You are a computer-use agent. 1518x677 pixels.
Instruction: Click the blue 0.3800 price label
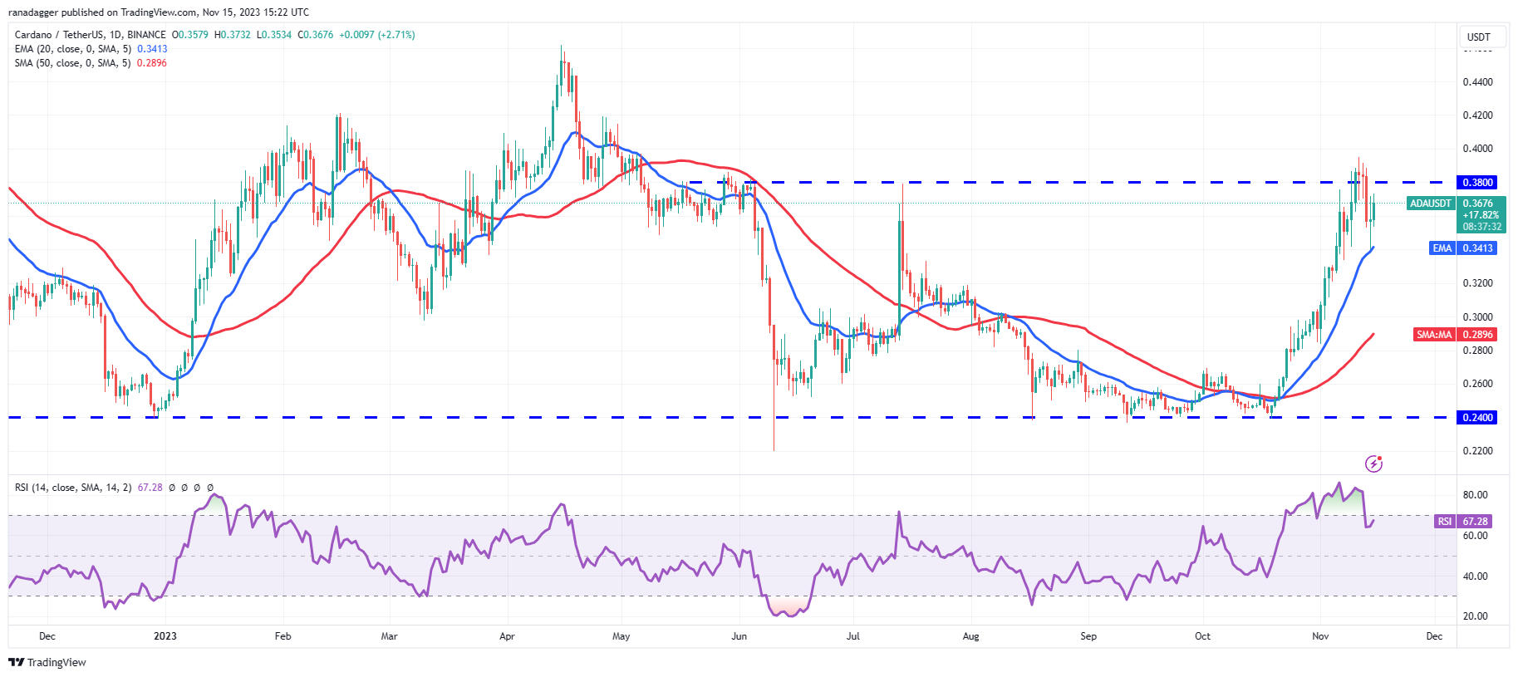coord(1477,182)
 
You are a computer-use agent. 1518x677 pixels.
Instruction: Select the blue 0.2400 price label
coord(1477,418)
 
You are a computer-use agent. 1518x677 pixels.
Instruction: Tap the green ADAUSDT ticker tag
coord(1430,204)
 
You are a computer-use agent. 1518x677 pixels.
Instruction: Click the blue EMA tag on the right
coord(1442,248)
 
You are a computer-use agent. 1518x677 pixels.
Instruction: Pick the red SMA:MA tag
coord(1434,335)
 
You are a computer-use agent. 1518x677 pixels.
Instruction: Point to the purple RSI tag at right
coord(1445,522)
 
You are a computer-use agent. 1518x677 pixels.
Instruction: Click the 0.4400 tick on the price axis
coord(1477,82)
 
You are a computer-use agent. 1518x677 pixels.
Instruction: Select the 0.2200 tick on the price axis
coord(1477,451)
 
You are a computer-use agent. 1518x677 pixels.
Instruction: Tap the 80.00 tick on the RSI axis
coord(1475,495)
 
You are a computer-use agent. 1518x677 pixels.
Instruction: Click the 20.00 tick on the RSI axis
coord(1475,616)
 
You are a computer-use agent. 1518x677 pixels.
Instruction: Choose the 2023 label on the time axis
coord(165,636)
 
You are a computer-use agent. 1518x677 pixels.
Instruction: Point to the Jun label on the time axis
coord(739,636)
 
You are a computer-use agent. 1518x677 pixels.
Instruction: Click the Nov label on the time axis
coord(1320,636)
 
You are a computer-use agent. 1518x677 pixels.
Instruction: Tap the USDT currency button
coord(1478,37)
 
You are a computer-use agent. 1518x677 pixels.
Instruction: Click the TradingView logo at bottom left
coord(47,662)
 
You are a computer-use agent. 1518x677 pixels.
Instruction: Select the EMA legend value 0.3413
coord(152,49)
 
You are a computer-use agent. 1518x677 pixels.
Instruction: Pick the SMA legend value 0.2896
coord(151,63)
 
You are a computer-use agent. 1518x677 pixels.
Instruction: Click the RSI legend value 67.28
coord(150,488)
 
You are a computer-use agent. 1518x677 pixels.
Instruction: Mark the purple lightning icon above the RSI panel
coord(1373,464)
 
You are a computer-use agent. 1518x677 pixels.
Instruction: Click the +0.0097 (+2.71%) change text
coord(376,35)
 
